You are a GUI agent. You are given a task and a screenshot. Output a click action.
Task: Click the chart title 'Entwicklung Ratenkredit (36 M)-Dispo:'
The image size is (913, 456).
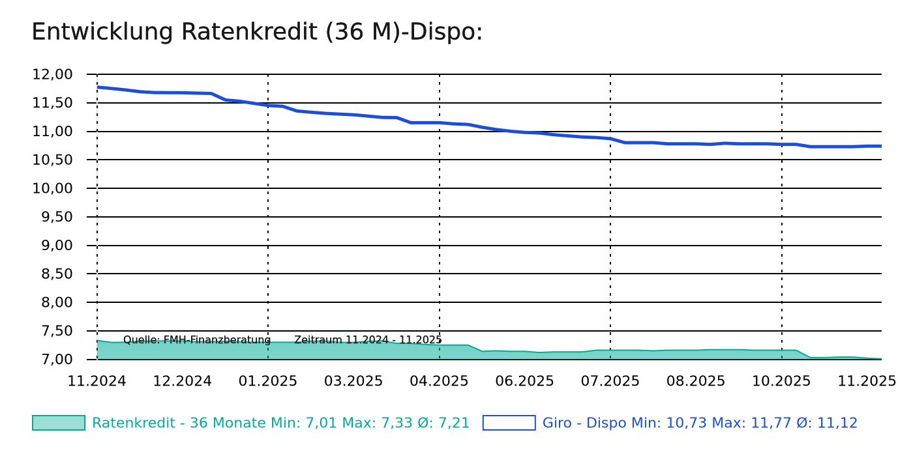pos(257,32)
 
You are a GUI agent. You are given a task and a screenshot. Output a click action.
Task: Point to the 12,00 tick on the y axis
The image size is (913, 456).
pos(52,74)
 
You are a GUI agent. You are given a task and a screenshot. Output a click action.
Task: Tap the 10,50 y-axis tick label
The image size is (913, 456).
pos(52,160)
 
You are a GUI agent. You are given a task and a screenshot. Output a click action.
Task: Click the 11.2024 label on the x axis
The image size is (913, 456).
pos(97,381)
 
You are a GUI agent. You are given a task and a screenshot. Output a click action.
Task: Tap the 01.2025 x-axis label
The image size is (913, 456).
pos(268,381)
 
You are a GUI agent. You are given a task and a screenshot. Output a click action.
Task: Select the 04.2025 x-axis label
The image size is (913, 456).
pos(439,381)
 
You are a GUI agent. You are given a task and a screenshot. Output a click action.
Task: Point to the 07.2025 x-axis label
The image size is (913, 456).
pos(610,381)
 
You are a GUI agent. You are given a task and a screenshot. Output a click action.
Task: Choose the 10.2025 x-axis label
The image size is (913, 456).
pos(781,381)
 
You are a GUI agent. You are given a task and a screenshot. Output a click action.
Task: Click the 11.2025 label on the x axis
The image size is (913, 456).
pos(867,381)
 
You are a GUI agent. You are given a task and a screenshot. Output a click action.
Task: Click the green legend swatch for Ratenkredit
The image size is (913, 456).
pos(59,423)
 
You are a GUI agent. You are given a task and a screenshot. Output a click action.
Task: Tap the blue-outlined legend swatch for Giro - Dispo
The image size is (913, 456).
pos(509,423)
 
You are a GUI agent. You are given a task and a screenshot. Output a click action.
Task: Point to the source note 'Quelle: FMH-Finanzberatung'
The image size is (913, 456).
pos(197,340)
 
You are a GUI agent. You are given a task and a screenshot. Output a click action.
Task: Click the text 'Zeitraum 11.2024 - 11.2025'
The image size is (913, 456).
pos(368,340)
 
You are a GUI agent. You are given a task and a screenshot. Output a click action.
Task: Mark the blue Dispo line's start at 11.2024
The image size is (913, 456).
pos(98,87)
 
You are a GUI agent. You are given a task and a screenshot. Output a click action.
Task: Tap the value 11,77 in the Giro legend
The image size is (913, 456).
pos(727,423)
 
